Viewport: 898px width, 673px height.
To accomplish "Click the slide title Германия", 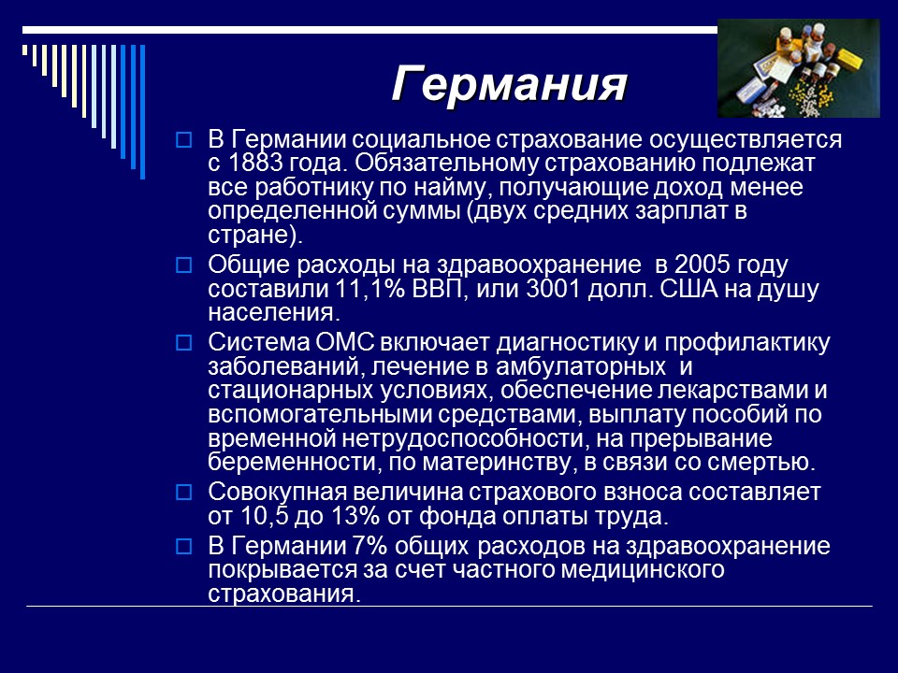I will click(x=508, y=84).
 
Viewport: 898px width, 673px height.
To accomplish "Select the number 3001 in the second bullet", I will click(x=504, y=289).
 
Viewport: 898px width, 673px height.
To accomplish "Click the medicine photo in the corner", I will click(x=798, y=67).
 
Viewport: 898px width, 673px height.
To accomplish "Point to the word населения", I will click(x=273, y=312).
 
